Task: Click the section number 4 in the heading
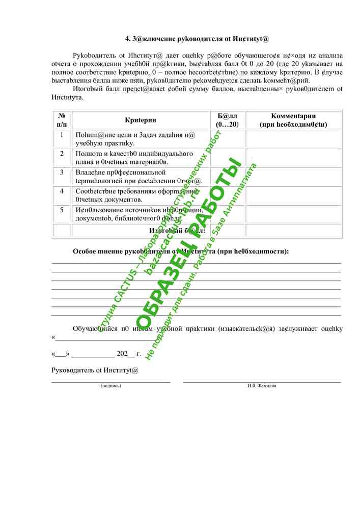pos(127,39)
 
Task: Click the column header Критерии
pos(140,120)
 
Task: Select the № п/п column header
pos(62,120)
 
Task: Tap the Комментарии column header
pos(293,120)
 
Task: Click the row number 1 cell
pos(62,135)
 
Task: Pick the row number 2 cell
pos(62,153)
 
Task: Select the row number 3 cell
pos(62,172)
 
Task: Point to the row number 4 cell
pos(62,191)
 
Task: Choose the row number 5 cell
pos(62,210)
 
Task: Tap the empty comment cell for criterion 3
pos(293,176)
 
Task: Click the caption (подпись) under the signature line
pos(111,386)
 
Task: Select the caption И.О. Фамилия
pos(262,386)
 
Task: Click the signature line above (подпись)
pos(111,381)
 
